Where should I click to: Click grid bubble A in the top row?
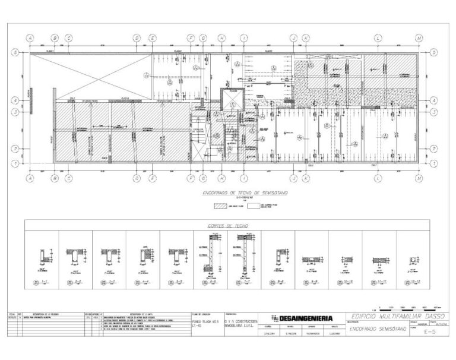coord(30,37)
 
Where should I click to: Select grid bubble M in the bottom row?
coord(419,178)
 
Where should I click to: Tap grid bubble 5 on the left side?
coord(14,52)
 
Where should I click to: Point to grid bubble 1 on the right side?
coord(435,161)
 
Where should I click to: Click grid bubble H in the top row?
coord(221,37)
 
